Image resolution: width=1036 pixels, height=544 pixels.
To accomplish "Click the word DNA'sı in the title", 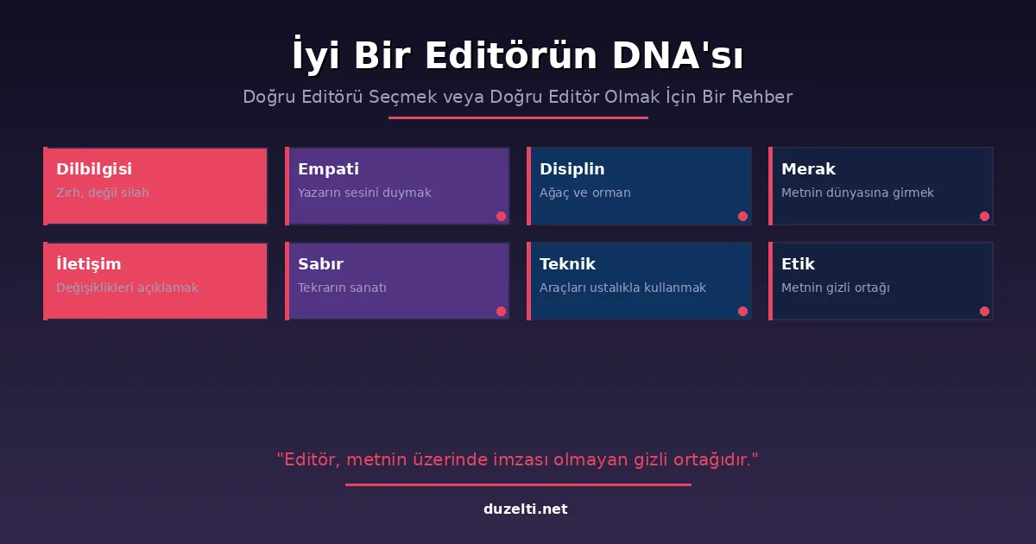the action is click(678, 55).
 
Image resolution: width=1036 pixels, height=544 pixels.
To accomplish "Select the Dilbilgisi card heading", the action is click(94, 169).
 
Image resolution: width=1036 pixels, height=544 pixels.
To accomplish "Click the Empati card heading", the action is click(328, 169).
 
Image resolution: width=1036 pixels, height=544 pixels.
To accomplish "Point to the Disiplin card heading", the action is click(572, 169).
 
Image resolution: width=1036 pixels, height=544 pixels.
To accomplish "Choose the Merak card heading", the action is click(808, 169).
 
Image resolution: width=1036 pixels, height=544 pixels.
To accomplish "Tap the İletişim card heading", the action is click(89, 263).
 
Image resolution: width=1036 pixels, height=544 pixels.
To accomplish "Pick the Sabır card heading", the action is click(320, 264).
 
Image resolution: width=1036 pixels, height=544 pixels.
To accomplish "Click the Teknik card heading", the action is click(567, 264).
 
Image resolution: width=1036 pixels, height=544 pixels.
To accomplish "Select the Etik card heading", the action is click(798, 264).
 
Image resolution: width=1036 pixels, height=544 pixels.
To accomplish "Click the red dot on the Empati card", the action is click(501, 217).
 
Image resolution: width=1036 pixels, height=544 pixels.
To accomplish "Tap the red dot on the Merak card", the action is click(985, 217).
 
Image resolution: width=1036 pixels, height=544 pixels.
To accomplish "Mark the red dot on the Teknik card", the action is click(742, 312).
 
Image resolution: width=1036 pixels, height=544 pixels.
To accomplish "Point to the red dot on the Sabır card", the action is click(501, 312).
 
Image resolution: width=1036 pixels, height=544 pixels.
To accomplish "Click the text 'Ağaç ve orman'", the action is click(585, 193).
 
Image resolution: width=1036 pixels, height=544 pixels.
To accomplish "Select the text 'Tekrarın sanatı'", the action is click(342, 288).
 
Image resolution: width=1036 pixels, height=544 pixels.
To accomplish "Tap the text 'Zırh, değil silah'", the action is click(103, 193).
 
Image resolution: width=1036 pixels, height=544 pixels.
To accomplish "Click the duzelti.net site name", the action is click(526, 509).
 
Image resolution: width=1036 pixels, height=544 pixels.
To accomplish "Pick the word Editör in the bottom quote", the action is click(313, 459).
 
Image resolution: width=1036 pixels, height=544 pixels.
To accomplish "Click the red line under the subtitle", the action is click(518, 118).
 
